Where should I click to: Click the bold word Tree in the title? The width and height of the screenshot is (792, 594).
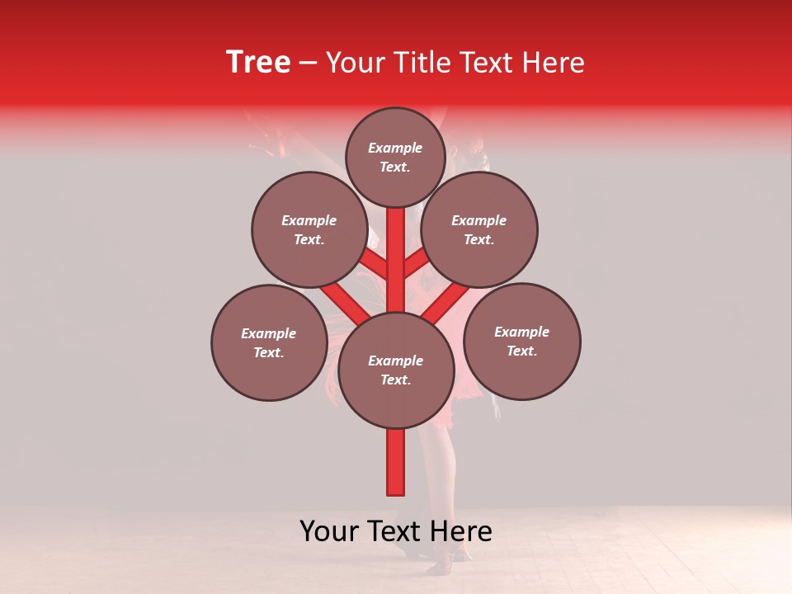tap(258, 62)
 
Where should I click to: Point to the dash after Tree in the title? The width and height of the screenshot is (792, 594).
tap(308, 64)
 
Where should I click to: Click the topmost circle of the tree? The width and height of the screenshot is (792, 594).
tap(395, 158)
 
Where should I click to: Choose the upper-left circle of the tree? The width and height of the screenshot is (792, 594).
tap(309, 230)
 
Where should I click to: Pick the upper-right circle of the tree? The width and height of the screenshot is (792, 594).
tap(478, 230)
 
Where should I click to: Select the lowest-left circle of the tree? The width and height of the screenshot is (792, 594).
tap(269, 343)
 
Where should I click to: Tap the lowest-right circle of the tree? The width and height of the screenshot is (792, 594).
tap(521, 342)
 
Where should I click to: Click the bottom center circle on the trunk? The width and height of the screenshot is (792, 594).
tap(396, 370)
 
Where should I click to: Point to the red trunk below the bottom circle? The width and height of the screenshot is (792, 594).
tap(396, 462)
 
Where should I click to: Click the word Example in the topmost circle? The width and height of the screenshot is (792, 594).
tap(395, 148)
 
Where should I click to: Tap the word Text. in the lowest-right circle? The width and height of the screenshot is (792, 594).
tap(521, 351)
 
